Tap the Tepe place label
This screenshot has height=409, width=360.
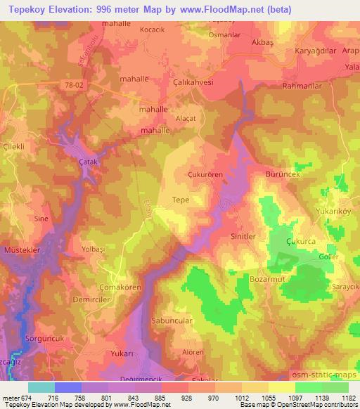(181, 200)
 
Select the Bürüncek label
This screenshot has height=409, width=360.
(283, 172)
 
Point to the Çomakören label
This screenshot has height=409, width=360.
(120, 287)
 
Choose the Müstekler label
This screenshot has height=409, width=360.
(20, 250)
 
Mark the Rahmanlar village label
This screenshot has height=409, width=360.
(300, 87)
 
